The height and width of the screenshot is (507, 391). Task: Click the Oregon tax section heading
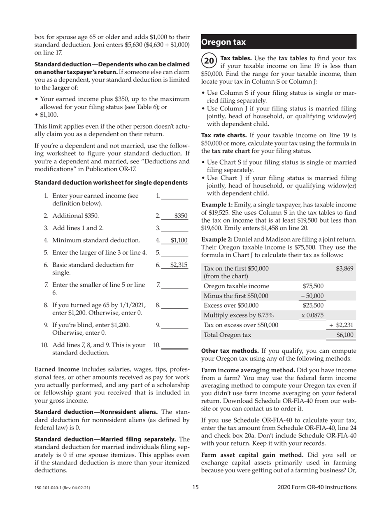click(x=223, y=42)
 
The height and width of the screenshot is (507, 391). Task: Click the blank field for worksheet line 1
click(x=175, y=196)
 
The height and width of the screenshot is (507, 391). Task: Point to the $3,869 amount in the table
click(x=344, y=269)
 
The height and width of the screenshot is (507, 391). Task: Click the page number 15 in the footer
click(x=195, y=487)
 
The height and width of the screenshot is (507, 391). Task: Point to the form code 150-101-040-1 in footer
click(x=62, y=488)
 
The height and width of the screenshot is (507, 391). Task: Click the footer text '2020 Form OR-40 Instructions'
click(x=317, y=487)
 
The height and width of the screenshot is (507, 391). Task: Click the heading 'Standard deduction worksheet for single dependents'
click(x=111, y=182)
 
